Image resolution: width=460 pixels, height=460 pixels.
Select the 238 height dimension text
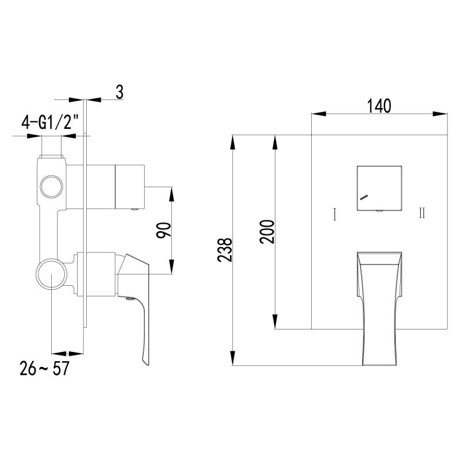point(225,250)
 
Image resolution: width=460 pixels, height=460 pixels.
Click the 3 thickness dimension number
point(120,92)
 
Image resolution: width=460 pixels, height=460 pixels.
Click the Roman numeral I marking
point(335,214)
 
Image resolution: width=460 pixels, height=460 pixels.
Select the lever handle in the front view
point(379,305)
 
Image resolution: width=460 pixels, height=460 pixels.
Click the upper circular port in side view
point(50,187)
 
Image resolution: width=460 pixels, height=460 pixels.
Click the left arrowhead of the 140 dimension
point(316,114)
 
